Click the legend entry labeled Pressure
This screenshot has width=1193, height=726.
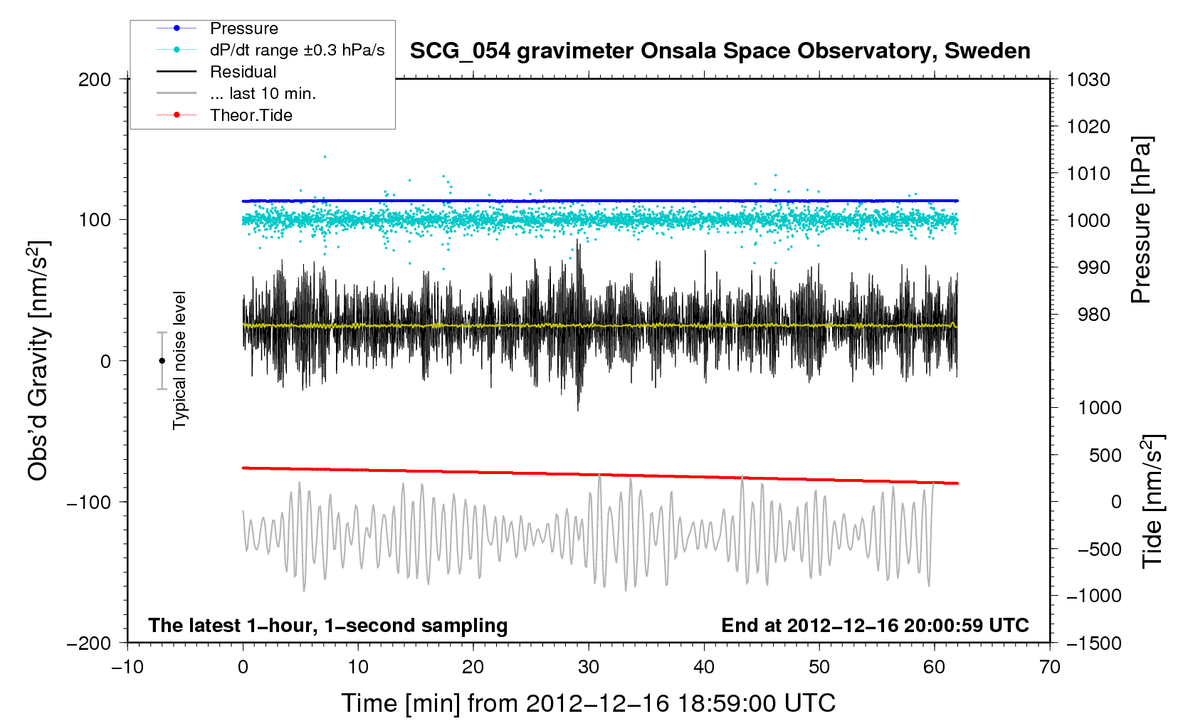pos(243,28)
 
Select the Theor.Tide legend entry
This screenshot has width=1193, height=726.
pos(251,115)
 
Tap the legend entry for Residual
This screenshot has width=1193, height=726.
pos(243,72)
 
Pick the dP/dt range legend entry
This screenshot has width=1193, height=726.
pos(297,50)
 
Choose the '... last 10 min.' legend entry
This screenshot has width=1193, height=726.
pos(263,93)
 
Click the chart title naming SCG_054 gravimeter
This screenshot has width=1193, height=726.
pos(720,51)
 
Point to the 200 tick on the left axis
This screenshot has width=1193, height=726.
pos(95,80)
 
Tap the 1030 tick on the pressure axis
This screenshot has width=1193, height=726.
pos(1088,80)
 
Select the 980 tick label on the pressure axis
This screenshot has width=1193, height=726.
pos(1088,315)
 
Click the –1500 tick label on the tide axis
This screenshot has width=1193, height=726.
pos(1093,643)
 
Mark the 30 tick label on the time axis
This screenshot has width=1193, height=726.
pos(588,668)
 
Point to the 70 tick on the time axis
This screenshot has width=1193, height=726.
pos(1049,668)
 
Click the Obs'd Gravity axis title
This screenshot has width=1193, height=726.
pos(38,361)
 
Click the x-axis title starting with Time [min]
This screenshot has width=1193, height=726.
pos(588,703)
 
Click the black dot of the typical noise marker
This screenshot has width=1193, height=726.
pos(162,361)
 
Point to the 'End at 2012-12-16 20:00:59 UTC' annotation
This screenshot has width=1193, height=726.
pos(875,626)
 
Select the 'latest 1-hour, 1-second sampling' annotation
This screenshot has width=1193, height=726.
pos(328,626)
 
